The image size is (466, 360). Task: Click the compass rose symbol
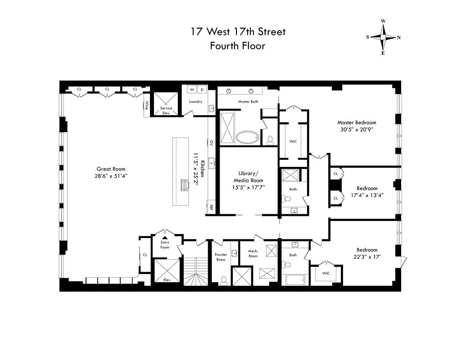pyautogui.click(x=383, y=37)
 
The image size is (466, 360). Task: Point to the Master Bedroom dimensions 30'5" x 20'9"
pyautogui.click(x=357, y=129)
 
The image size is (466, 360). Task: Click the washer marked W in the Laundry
pyautogui.click(x=192, y=90)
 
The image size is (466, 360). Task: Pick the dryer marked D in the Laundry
pyautogui.click(x=202, y=90)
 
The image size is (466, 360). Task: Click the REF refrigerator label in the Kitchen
pyautogui.click(x=210, y=207)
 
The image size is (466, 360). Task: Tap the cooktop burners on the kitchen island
pyautogui.click(x=185, y=185)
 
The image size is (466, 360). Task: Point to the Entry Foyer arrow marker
pyautogui.click(x=165, y=238)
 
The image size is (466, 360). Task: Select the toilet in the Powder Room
pyautogui.click(x=224, y=281)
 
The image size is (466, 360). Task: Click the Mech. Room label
pyautogui.click(x=253, y=254)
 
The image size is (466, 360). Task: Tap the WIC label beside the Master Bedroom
pyautogui.click(x=293, y=141)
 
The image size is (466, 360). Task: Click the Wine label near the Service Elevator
pyautogui.click(x=146, y=105)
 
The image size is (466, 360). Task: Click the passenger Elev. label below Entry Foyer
pyautogui.click(x=166, y=280)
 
